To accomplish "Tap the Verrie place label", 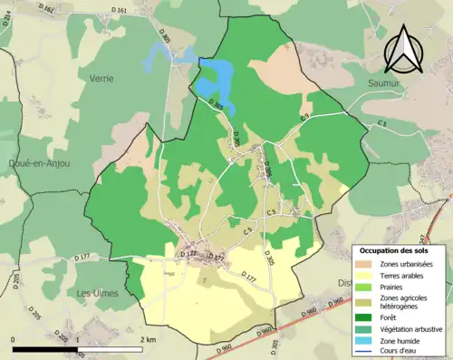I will (101, 79).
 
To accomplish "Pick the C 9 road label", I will (305, 119).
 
